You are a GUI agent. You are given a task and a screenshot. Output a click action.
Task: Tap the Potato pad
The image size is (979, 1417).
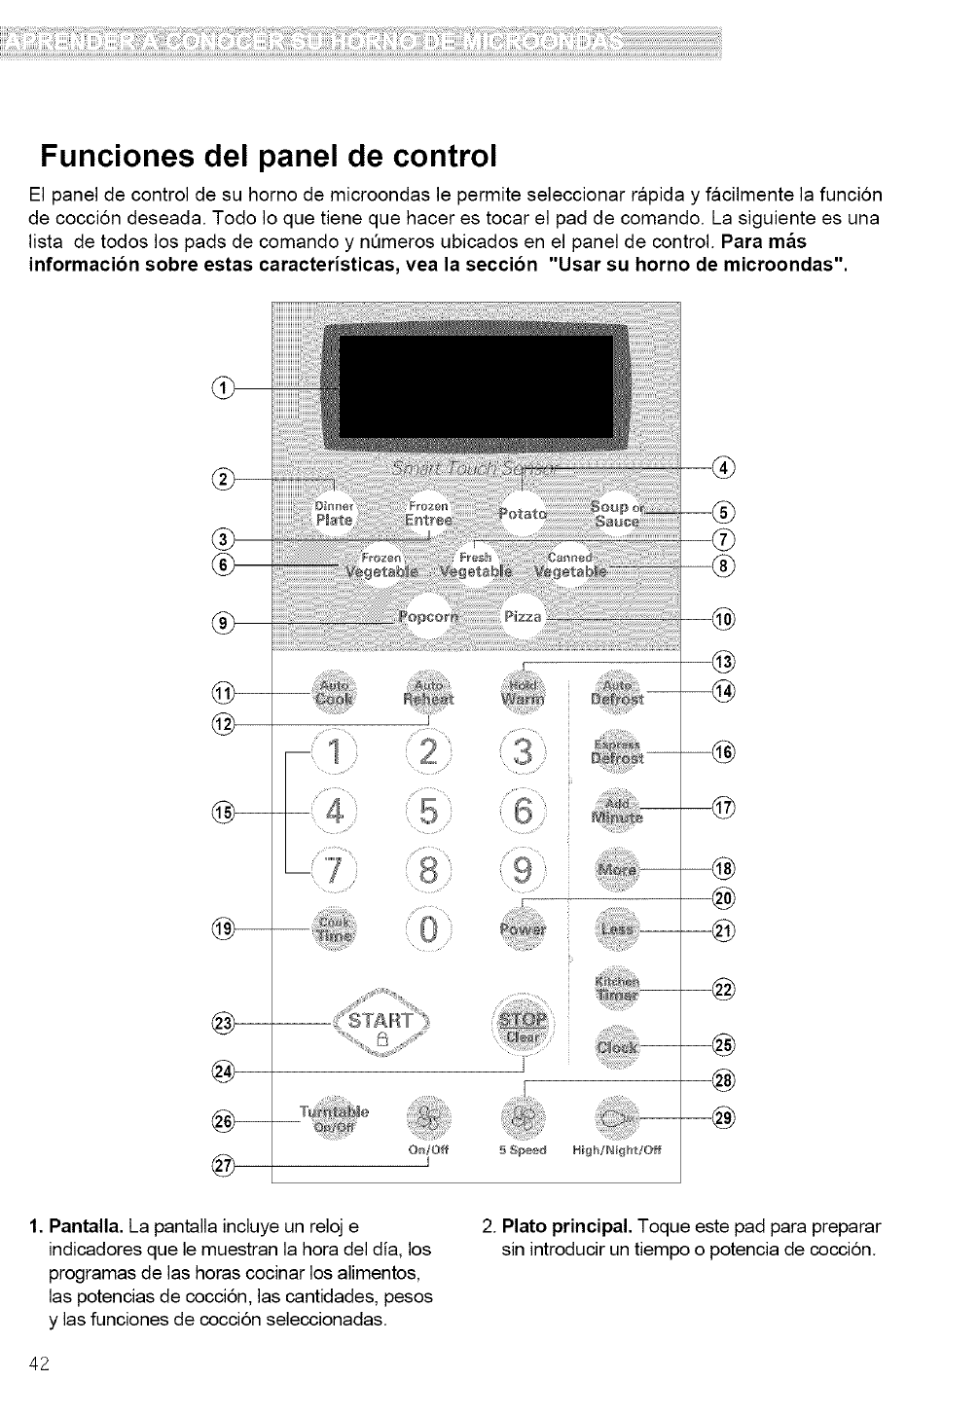[x=523, y=514]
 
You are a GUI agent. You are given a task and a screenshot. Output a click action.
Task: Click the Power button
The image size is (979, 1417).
[x=524, y=927]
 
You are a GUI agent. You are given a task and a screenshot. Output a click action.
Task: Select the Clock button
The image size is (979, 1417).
[x=617, y=1047]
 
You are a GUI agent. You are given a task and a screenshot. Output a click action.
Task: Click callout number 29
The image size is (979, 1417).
[x=723, y=1119]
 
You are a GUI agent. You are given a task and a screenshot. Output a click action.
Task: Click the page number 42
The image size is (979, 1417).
[x=39, y=1364]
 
